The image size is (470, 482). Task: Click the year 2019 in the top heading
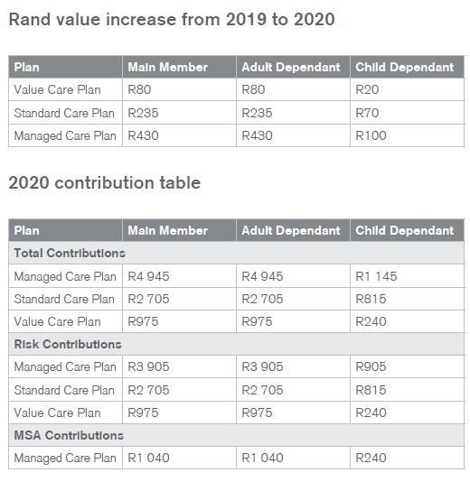click(245, 19)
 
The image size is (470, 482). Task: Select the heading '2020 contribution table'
click(105, 182)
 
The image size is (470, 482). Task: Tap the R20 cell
click(367, 89)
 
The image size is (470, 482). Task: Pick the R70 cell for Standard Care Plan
click(367, 113)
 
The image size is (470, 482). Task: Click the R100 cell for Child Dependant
click(371, 135)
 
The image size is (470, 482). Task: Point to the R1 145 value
click(376, 276)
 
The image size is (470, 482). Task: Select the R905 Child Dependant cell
click(371, 366)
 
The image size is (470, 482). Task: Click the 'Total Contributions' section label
click(70, 253)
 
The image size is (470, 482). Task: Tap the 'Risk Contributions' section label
click(68, 344)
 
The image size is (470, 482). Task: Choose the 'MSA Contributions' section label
click(69, 435)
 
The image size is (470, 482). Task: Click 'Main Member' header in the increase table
click(168, 67)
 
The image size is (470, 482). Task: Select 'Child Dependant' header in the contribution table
click(404, 230)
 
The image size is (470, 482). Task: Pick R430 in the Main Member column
click(143, 135)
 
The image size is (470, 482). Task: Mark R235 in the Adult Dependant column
click(257, 113)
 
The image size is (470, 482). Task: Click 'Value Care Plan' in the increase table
click(57, 89)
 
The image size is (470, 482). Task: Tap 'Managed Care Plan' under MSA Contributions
click(65, 458)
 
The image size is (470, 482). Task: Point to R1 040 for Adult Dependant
click(262, 458)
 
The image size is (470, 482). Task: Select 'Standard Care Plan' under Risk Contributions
click(64, 390)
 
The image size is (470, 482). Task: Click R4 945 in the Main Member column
click(148, 276)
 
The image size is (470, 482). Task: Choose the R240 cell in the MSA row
click(371, 458)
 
